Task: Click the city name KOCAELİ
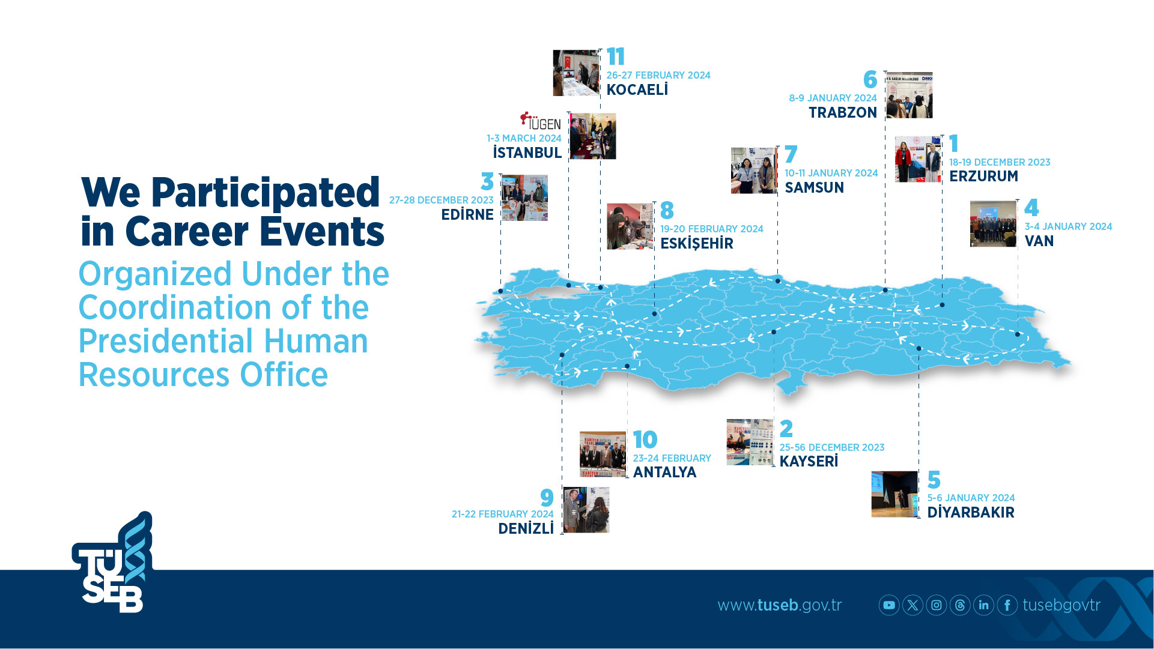click(x=637, y=89)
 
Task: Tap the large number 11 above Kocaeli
click(x=615, y=57)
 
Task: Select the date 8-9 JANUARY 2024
click(x=833, y=98)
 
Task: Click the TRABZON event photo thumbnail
click(x=910, y=95)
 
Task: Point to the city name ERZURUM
click(x=983, y=176)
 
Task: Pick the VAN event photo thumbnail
click(x=993, y=224)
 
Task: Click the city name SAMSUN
click(x=814, y=187)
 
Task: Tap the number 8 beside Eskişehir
click(x=667, y=211)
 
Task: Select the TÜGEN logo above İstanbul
click(x=541, y=121)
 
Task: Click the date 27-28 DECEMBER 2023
click(x=441, y=200)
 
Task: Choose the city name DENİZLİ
click(x=526, y=528)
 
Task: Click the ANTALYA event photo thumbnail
click(x=603, y=454)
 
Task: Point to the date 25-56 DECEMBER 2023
click(x=832, y=447)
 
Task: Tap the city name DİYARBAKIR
click(x=971, y=512)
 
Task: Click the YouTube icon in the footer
click(x=889, y=605)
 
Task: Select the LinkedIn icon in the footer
click(x=983, y=605)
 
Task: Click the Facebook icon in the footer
click(x=1007, y=605)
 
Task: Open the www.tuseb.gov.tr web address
click(x=780, y=605)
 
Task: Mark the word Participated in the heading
click(x=266, y=193)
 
